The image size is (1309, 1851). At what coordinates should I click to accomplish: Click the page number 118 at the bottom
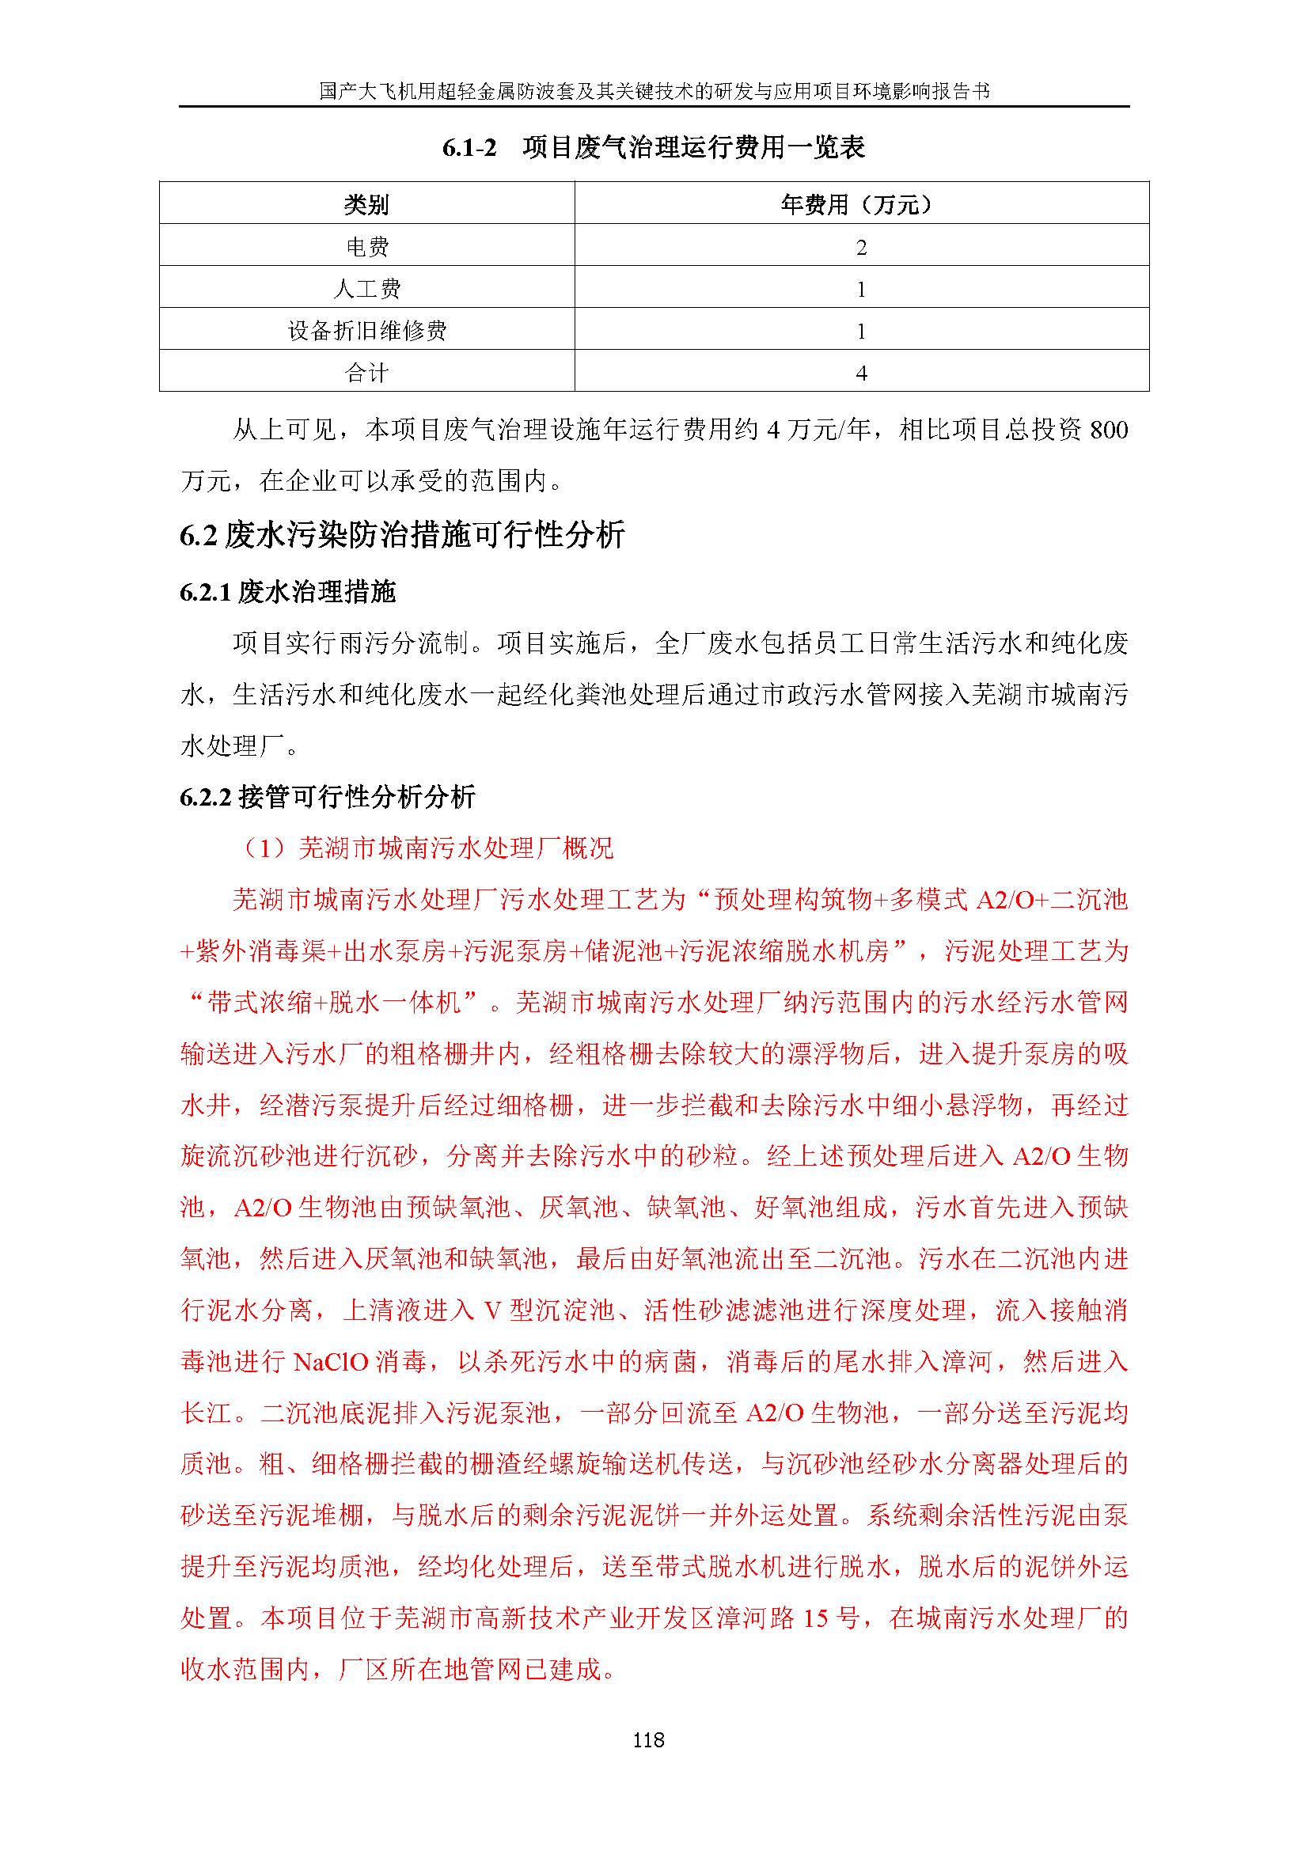648,1739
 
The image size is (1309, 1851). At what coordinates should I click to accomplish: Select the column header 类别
366,205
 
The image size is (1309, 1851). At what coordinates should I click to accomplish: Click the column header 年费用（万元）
861,205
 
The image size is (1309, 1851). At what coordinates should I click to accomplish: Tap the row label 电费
366,247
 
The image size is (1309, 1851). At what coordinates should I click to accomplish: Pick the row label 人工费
366,289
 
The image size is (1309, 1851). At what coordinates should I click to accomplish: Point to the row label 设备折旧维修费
366,331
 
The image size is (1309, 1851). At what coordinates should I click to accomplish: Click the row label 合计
366,373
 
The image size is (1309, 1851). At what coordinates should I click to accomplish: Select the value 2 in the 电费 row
861,248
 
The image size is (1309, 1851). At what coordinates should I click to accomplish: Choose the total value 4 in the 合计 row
861,374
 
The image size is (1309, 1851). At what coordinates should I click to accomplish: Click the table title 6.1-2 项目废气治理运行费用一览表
654,147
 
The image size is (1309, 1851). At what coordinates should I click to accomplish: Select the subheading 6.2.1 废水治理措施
288,593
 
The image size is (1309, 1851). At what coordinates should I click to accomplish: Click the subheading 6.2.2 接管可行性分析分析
328,798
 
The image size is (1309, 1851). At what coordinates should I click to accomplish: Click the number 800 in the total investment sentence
1108,431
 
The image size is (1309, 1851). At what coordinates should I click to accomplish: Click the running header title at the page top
654,91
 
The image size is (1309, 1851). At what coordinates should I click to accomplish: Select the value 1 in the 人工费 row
861,290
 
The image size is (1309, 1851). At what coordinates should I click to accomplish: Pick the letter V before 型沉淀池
492,1310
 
